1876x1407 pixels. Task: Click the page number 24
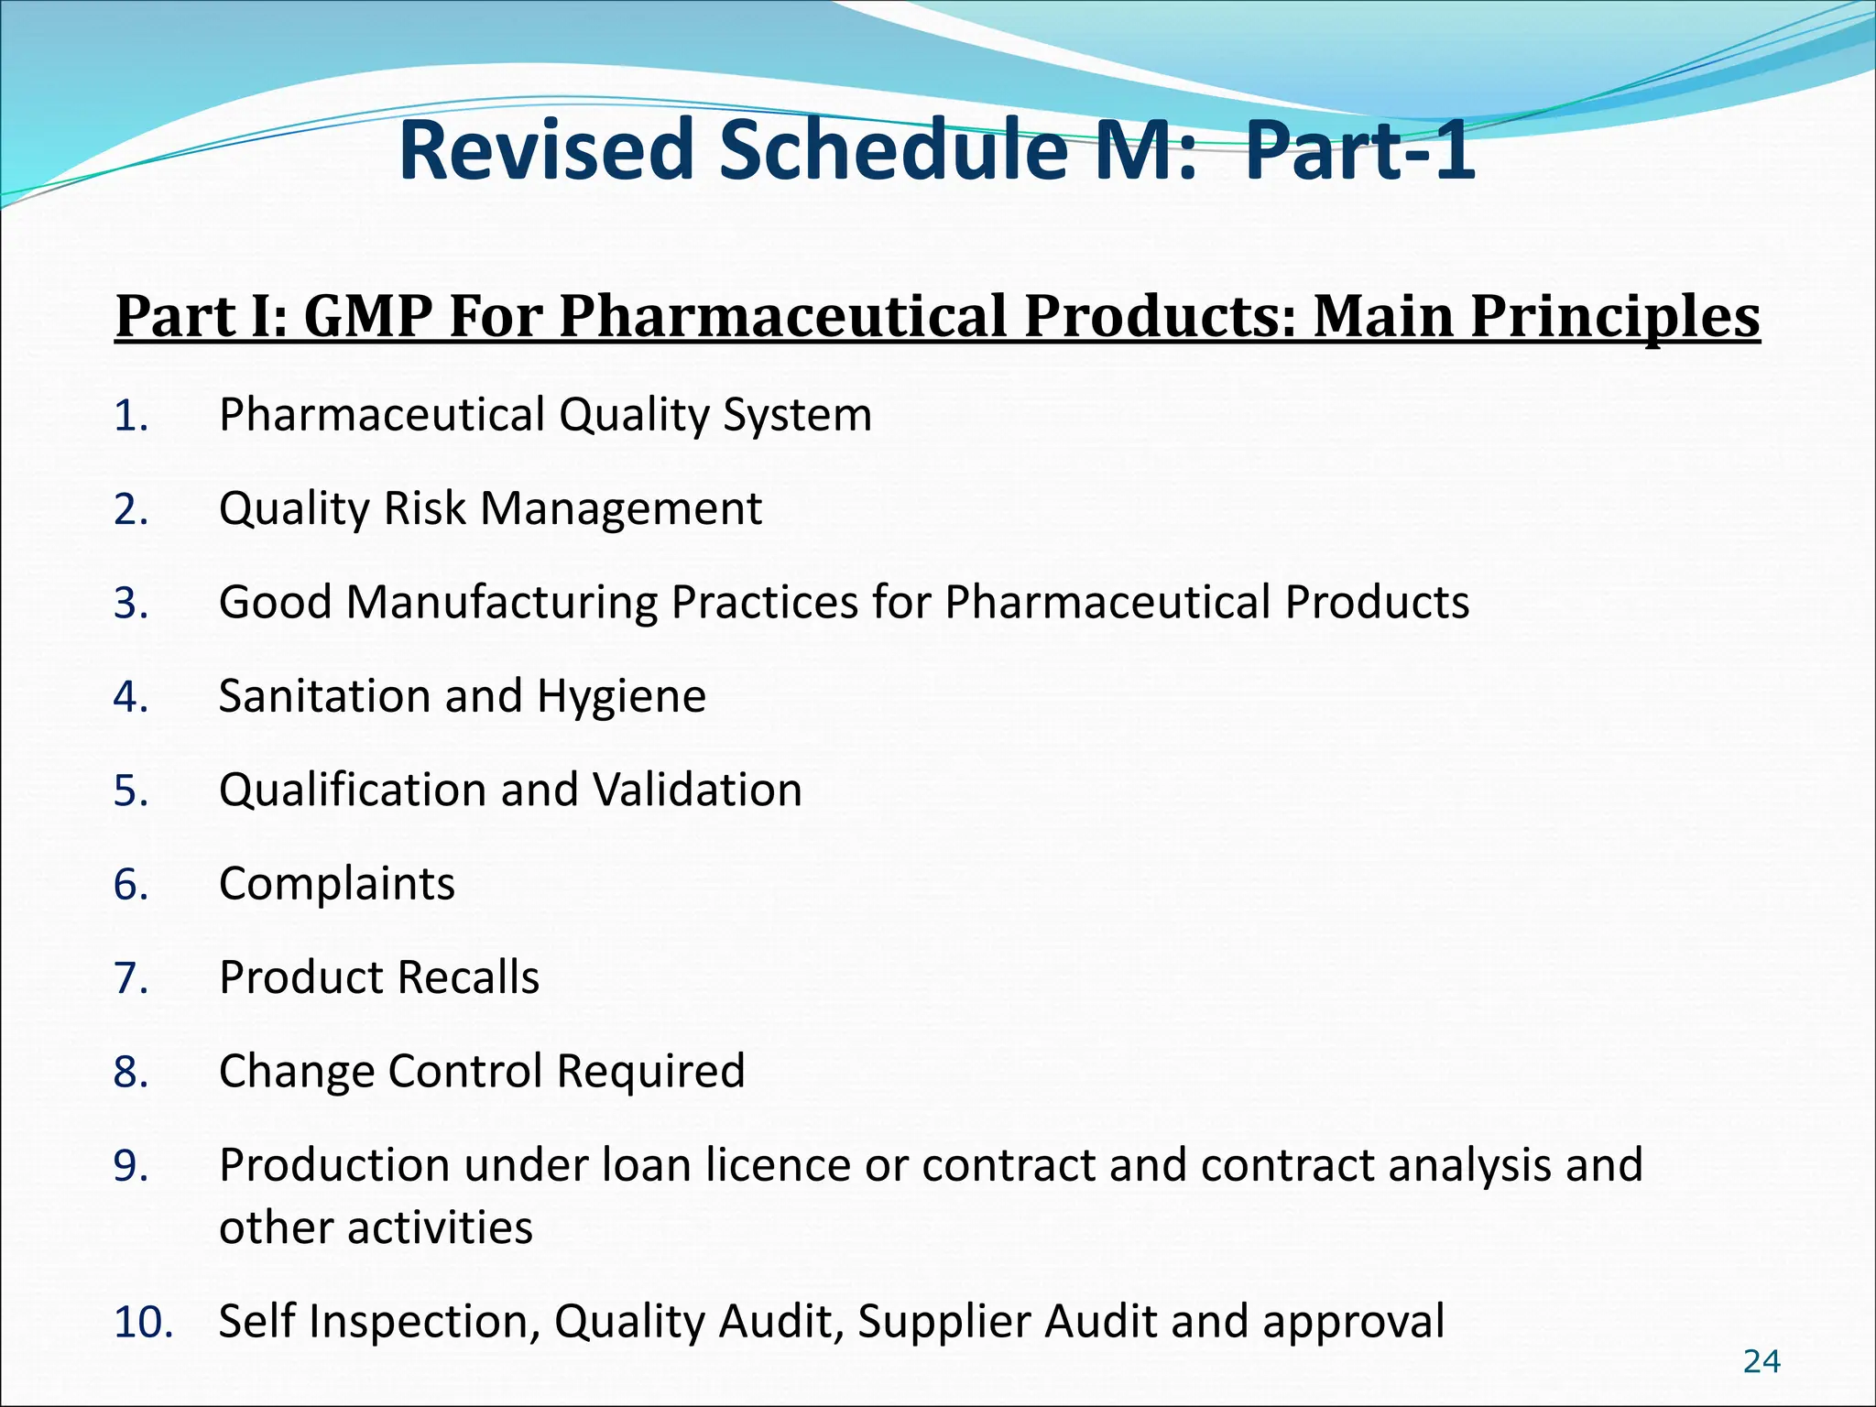pyautogui.click(x=1761, y=1362)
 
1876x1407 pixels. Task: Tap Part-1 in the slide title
pyautogui.click(x=1360, y=150)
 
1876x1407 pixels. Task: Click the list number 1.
pyautogui.click(x=131, y=417)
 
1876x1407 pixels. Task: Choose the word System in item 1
pyautogui.click(x=797, y=415)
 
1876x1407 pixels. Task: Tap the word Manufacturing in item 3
pyautogui.click(x=501, y=603)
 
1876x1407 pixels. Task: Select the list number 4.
pyautogui.click(x=131, y=697)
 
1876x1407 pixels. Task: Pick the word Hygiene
pyautogui.click(x=622, y=697)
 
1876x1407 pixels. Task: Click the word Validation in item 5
pyautogui.click(x=697, y=790)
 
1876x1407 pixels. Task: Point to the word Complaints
pyautogui.click(x=337, y=884)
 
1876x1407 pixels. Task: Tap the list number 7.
pyautogui.click(x=131, y=978)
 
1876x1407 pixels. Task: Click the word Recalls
pyautogui.click(x=473, y=977)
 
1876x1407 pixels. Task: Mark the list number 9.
pyautogui.click(x=131, y=1166)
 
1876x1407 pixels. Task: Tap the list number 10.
pyautogui.click(x=142, y=1323)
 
